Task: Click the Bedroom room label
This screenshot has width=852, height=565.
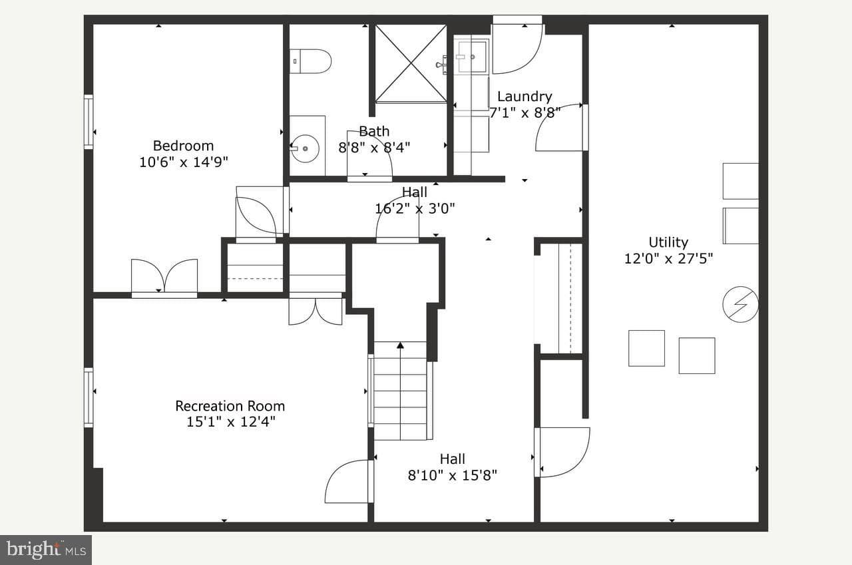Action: pos(183,146)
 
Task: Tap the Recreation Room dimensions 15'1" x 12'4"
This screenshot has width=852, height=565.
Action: pos(230,422)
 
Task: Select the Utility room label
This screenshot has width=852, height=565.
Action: pos(668,242)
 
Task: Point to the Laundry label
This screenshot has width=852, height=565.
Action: pos(525,96)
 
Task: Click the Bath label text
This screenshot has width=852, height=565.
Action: pos(374,132)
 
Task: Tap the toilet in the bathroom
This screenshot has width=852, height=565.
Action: pos(310,61)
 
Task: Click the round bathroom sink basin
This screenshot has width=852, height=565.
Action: pos(305,148)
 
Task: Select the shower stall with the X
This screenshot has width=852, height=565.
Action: pos(411,63)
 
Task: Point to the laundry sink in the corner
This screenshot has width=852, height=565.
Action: pos(471,57)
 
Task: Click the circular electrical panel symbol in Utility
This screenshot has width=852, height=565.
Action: pos(740,305)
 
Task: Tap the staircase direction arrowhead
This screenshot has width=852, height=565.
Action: pos(400,345)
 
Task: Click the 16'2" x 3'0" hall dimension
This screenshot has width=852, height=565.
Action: pos(415,208)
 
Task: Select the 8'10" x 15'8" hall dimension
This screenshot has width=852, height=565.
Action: pos(452,475)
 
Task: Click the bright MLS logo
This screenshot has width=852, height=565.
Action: pos(46,550)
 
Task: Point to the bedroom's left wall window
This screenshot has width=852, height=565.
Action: pos(89,122)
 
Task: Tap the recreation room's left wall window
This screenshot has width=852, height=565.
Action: pos(89,397)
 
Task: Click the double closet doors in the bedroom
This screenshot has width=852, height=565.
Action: pos(164,277)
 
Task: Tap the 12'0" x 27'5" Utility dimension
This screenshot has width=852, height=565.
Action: pos(669,259)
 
